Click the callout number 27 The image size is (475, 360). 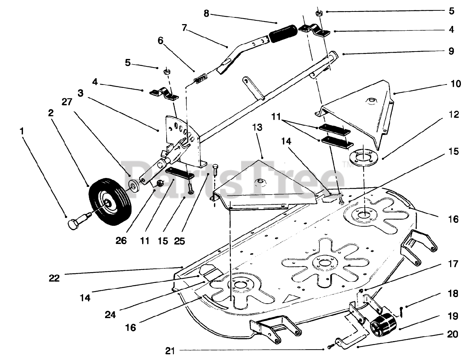pyautogui.click(x=67, y=102)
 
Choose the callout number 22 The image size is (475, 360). pyautogui.click(x=54, y=278)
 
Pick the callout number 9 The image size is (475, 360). pyautogui.click(x=451, y=51)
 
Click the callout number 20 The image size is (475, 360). pyautogui.click(x=452, y=334)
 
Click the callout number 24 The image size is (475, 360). pyautogui.click(x=110, y=315)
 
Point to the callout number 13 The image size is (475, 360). pyautogui.click(x=257, y=127)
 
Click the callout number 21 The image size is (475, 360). pyautogui.click(x=170, y=351)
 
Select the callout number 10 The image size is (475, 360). pyautogui.click(x=456, y=84)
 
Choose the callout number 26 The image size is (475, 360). pyautogui.click(x=121, y=241)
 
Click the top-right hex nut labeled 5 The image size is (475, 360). pyautogui.click(x=318, y=13)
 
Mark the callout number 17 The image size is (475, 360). pyautogui.click(x=453, y=264)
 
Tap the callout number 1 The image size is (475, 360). pyautogui.click(x=22, y=131)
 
